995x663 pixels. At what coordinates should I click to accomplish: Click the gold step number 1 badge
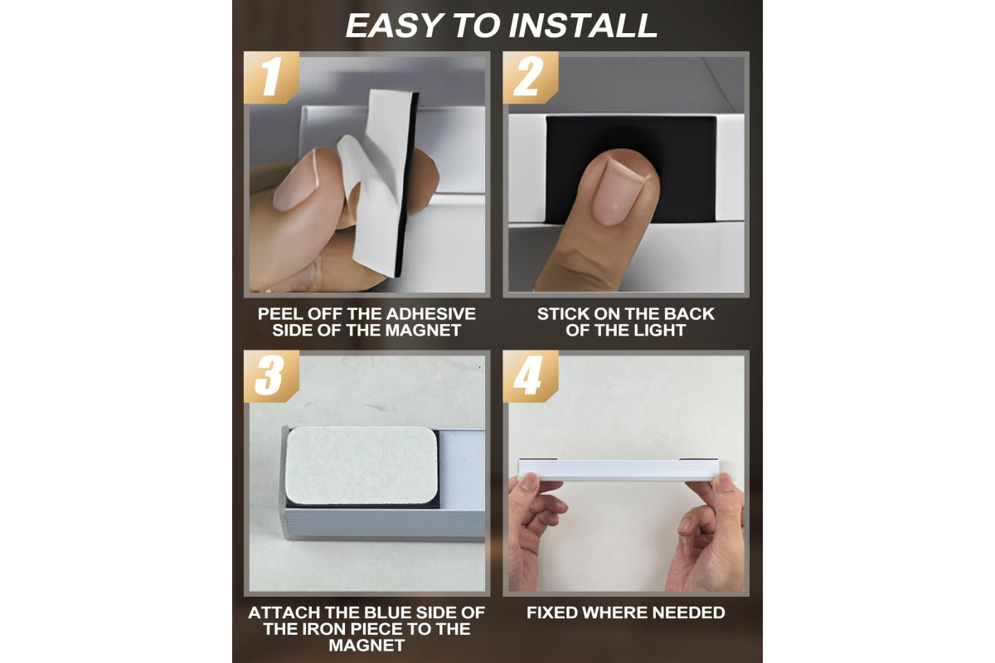point(271,78)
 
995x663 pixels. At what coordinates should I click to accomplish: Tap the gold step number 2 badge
point(531,78)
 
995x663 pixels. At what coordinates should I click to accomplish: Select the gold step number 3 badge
point(271,376)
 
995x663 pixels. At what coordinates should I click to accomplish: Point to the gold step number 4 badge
point(531,376)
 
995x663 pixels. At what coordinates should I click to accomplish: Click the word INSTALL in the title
point(583,26)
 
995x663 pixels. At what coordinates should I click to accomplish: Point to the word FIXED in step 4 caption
point(552,612)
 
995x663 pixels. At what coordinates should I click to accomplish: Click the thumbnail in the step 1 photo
point(296,180)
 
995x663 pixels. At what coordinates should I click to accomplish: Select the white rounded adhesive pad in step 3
point(362,466)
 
